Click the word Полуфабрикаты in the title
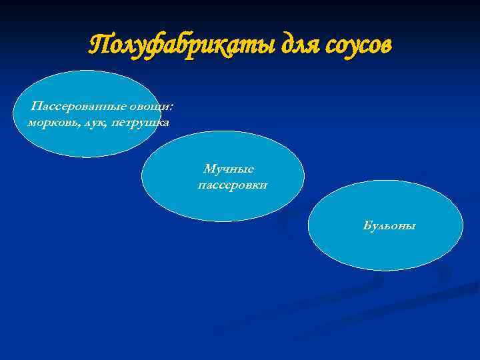pos(175,45)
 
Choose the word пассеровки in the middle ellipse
pos(233,185)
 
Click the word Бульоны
pos(389,226)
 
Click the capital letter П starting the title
pos(98,45)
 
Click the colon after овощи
pos(171,109)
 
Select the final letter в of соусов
pos(387,47)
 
